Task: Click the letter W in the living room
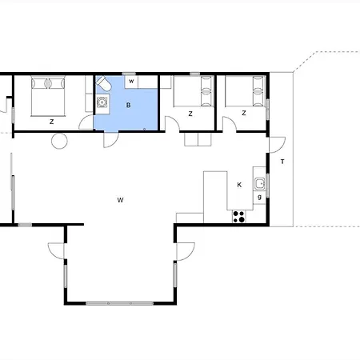(x=120, y=199)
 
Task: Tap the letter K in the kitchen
(x=239, y=185)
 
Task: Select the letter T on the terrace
(x=282, y=162)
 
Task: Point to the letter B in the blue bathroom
(x=128, y=104)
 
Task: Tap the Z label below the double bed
(x=51, y=122)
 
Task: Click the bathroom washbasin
(x=102, y=102)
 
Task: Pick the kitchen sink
(x=259, y=185)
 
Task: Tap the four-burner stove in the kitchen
(x=238, y=214)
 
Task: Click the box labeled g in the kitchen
(x=259, y=197)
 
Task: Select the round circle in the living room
(x=59, y=141)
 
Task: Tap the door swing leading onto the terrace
(x=276, y=145)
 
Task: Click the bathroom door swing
(x=112, y=138)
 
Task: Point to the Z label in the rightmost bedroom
(x=242, y=114)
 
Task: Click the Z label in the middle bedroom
(x=190, y=114)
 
